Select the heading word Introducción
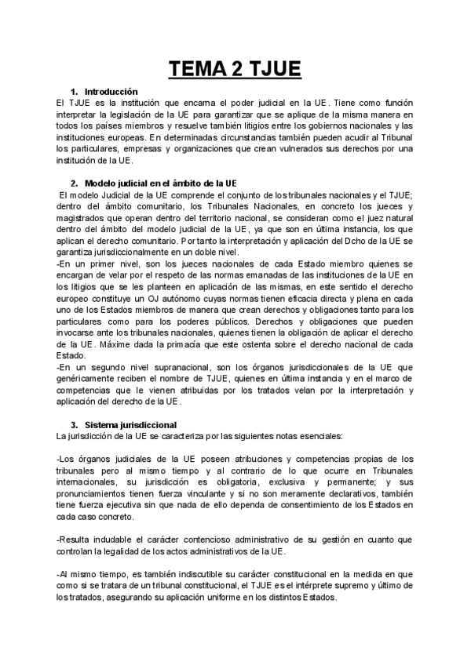(111, 92)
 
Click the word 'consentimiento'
(298, 505)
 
